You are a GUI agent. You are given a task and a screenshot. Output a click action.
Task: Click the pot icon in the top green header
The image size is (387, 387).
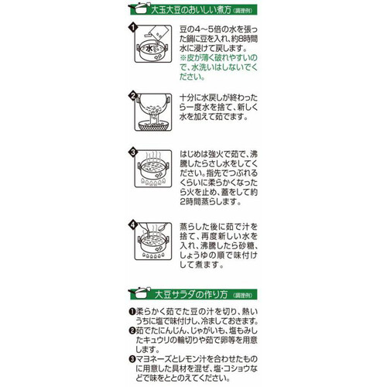pos(132,10)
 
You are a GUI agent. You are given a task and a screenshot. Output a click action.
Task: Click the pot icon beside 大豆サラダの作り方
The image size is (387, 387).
pos(132,293)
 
